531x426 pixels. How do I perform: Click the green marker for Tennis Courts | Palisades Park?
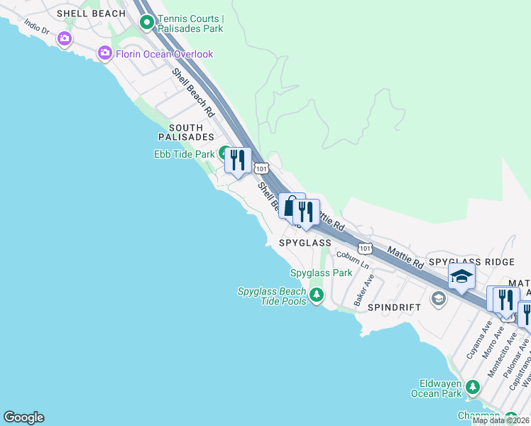coord(147,23)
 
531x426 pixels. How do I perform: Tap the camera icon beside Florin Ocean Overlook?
coord(105,53)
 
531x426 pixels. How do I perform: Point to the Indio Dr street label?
coord(37,31)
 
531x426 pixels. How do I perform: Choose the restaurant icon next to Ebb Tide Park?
coord(238,160)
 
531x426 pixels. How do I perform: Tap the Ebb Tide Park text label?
coord(184,154)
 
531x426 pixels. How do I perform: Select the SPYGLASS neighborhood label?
coord(305,243)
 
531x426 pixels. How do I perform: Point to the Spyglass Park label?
coord(321,273)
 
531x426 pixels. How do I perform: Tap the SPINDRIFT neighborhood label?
coord(394,307)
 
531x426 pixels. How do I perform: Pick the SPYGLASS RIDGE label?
coord(471,263)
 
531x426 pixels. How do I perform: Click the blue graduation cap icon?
coord(461,277)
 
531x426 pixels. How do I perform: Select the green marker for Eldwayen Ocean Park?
coord(472,388)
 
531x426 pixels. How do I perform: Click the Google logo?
coord(23,417)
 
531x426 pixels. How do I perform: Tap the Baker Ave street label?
coord(363,288)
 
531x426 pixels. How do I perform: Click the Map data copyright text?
coord(501,420)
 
